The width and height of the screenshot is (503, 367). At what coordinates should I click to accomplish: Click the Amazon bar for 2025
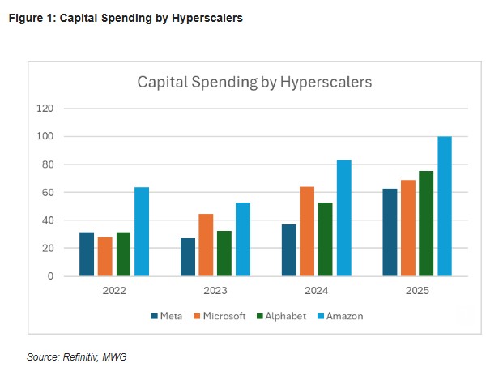click(445, 206)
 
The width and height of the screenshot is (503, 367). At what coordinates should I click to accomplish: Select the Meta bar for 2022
click(87, 254)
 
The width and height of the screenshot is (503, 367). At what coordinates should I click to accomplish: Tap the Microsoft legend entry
click(219, 316)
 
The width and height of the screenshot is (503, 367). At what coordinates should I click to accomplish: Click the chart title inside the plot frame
click(254, 82)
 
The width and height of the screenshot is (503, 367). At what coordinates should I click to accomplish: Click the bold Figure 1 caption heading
click(126, 17)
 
